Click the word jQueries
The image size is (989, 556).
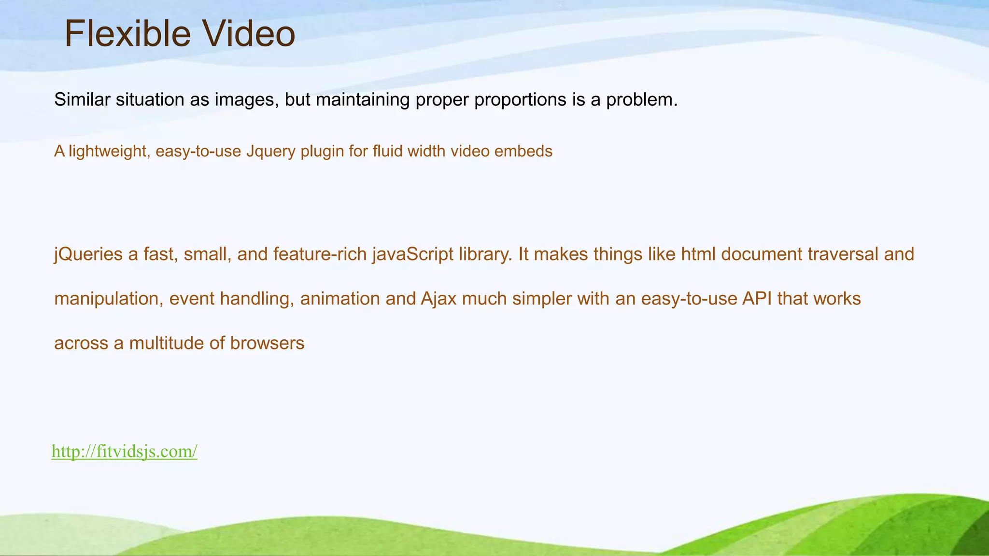coord(88,254)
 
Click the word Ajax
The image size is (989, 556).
coord(438,299)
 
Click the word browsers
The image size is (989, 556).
coord(267,343)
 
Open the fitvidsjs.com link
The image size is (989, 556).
coord(125,452)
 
